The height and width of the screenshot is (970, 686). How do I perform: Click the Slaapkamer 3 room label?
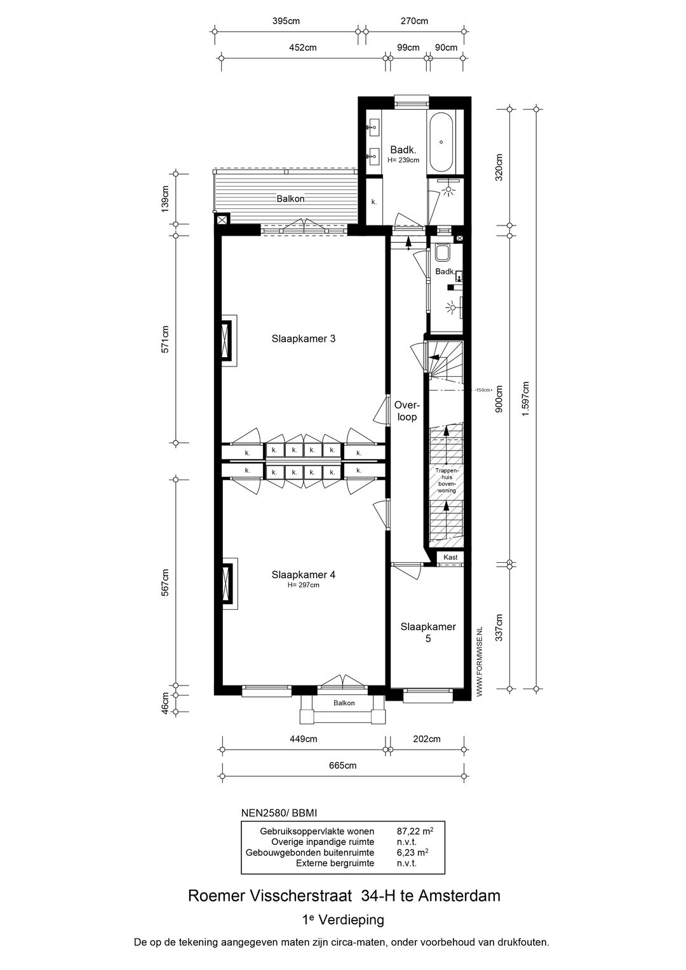click(303, 339)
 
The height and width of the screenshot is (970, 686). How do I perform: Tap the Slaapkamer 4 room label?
click(303, 575)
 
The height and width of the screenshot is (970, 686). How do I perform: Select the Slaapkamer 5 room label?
click(427, 633)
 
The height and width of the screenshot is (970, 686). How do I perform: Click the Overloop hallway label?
click(406, 411)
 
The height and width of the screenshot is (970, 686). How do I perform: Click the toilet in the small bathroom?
click(443, 253)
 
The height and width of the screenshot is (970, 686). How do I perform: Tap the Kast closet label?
click(450, 557)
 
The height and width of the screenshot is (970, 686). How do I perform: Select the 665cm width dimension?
click(342, 765)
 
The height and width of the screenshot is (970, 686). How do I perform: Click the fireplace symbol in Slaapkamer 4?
click(227, 584)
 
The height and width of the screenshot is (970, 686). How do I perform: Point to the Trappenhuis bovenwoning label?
click(447, 480)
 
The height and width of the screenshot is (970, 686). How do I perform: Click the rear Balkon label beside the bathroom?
click(290, 198)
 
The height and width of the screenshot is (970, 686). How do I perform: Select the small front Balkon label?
click(344, 703)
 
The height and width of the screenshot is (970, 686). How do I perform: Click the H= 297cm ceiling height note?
click(303, 586)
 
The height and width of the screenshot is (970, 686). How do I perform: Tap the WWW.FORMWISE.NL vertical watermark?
click(480, 661)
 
